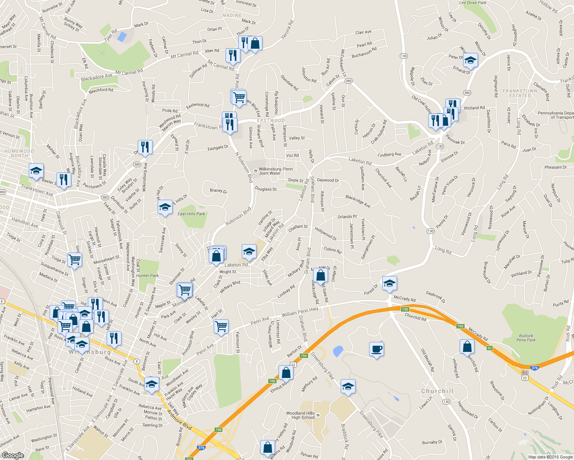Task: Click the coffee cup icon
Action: [376, 349]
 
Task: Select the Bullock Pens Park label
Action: [526, 338]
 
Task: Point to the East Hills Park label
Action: [191, 214]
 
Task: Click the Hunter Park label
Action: [147, 275]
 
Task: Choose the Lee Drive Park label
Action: [473, 3]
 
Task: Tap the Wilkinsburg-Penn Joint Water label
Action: [275, 171]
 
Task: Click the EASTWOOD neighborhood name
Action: [271, 120]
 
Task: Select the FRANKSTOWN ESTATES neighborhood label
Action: [520, 93]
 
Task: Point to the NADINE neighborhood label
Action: [232, 16]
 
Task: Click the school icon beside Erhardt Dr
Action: [470, 60]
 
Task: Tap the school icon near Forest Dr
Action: [389, 284]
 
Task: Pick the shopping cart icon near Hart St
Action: [221, 327]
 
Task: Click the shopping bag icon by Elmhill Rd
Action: [286, 372]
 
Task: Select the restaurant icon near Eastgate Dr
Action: [145, 147]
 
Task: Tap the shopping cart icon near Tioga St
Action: [74, 260]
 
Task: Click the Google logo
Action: [13, 455]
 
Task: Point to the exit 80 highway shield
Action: [489, 348]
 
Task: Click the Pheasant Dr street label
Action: [555, 167]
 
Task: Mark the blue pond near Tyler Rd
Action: [122, 37]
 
